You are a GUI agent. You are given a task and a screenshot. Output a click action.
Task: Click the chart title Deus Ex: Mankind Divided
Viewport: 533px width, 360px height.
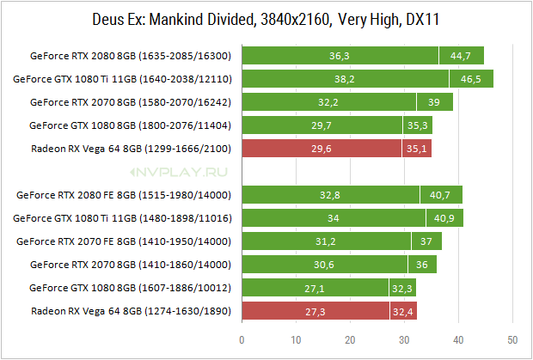[174, 20]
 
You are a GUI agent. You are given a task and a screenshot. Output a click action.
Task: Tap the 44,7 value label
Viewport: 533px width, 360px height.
[461, 56]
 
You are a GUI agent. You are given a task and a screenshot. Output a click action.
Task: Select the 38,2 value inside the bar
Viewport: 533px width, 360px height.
[345, 79]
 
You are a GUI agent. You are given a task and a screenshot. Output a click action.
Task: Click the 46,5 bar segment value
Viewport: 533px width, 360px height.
[471, 79]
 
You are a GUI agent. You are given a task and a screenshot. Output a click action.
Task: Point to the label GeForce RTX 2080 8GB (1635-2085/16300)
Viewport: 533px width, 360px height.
[131, 56]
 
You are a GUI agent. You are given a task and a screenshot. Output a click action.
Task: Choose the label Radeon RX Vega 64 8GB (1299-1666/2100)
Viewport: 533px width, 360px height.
[132, 149]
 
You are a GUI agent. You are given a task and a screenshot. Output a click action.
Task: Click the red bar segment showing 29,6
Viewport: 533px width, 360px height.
[322, 149]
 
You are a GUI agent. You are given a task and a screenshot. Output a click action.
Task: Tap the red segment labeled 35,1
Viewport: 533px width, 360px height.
[417, 149]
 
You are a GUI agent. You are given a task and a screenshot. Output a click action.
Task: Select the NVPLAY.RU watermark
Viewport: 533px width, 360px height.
[179, 172]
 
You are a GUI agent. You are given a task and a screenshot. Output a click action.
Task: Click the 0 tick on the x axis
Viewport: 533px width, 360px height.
[242, 340]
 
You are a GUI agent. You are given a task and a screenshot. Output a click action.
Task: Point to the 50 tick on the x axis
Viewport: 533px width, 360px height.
[512, 340]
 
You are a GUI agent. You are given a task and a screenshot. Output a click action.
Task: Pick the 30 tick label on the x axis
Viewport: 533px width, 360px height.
[404, 340]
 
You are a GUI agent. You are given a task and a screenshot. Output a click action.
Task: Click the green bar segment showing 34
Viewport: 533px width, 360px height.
[334, 218]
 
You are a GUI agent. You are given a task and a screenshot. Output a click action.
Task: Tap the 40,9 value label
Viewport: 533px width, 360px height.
[444, 218]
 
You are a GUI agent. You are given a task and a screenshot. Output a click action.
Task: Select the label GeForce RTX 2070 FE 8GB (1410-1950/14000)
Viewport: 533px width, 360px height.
[124, 241]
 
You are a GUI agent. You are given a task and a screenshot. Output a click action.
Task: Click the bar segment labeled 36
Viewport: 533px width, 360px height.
[422, 265]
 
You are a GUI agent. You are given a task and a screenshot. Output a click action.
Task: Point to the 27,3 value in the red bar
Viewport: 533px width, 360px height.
[316, 311]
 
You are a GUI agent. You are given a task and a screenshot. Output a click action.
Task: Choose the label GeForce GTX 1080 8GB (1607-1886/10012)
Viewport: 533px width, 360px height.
[130, 288]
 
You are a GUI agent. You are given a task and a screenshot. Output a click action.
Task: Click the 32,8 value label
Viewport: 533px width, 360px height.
[330, 195]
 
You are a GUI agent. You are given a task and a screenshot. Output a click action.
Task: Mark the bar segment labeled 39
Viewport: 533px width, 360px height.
[435, 102]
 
